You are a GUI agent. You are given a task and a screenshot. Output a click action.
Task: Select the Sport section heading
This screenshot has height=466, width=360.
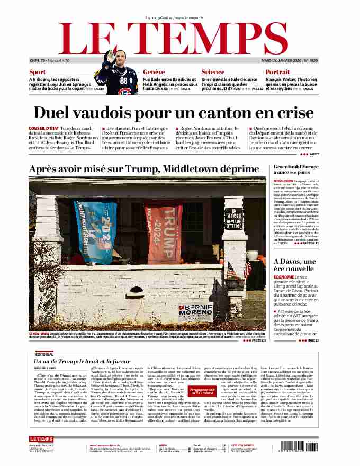[37, 72]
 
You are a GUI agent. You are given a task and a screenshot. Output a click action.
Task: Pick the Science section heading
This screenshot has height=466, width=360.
[213, 72]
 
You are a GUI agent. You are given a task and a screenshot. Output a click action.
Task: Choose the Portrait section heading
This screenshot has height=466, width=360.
[277, 72]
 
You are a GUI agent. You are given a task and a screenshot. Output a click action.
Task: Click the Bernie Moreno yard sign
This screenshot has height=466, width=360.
[196, 310]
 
